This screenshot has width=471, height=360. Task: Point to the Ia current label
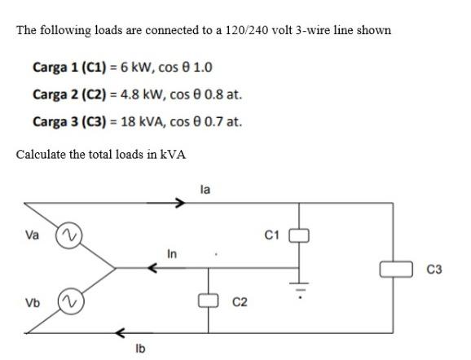click(x=205, y=189)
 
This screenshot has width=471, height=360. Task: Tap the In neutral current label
click(x=173, y=254)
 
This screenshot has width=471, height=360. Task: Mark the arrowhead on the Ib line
click(x=121, y=332)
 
